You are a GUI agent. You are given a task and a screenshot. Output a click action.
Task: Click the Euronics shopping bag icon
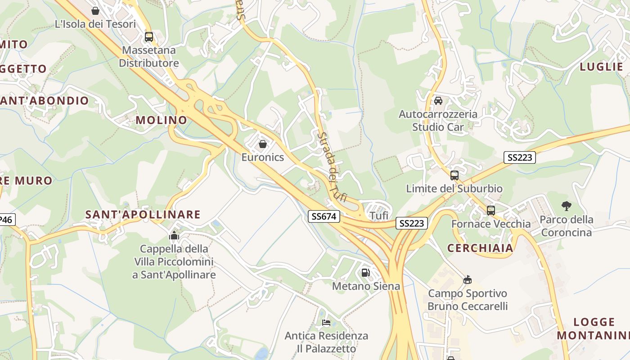(263, 144)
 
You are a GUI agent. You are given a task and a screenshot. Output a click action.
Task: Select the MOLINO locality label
(161, 120)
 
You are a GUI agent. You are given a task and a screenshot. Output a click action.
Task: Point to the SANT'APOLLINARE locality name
(143, 215)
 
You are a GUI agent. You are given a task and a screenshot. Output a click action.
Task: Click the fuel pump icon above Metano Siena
(365, 272)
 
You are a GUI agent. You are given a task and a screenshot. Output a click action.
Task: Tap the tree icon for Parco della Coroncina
(567, 206)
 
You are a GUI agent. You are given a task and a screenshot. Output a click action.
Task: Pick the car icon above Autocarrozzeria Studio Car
(438, 101)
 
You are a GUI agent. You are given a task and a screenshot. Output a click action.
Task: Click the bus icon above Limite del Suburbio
(454, 175)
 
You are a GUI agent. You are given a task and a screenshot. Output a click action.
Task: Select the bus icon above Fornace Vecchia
(491, 210)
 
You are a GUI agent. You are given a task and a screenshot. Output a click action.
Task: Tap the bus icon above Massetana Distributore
(148, 37)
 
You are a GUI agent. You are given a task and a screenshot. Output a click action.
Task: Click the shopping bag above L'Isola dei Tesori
(95, 11)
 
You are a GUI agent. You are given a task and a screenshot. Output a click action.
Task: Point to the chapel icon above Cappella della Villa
(174, 235)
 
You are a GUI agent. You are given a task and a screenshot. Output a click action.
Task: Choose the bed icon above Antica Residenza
(326, 323)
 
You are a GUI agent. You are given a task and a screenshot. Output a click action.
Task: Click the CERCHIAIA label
(480, 248)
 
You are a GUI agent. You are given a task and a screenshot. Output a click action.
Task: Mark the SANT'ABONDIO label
(44, 101)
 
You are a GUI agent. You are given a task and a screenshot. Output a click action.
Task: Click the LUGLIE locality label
(601, 67)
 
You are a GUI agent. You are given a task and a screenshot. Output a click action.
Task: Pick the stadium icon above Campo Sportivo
(468, 280)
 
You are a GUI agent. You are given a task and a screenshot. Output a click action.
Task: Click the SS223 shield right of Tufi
(412, 223)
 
